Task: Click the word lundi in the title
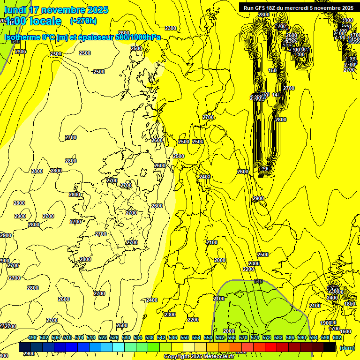15,10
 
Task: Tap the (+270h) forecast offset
83,21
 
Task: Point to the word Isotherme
22,37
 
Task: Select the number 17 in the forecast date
34,10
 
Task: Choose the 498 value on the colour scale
32,337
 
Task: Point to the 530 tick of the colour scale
126,337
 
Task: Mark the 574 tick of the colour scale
255,337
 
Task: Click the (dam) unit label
347,347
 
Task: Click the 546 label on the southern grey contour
258,281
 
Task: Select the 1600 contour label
345,331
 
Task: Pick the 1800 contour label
350,304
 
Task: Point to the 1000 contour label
347,20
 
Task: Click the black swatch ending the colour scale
329,347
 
